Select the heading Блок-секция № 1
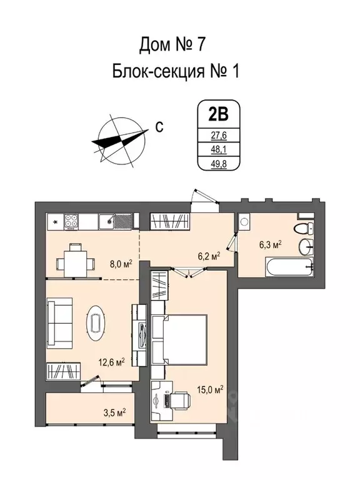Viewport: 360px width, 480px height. click(175, 71)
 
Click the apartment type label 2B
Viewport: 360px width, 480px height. click(217, 114)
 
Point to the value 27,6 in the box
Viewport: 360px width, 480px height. click(217, 134)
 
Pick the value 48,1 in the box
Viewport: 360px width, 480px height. click(217, 149)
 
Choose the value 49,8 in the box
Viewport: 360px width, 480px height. click(217, 164)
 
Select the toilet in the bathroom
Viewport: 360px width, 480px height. click(304, 227)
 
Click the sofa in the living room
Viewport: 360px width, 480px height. click(61, 323)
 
